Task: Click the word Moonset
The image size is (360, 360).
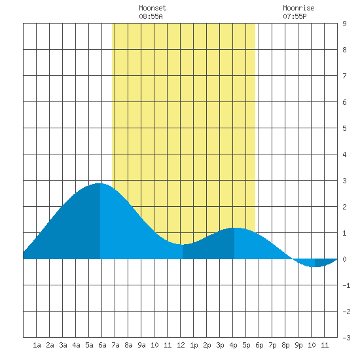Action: (153, 8)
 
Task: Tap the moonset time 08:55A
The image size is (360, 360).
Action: (151, 16)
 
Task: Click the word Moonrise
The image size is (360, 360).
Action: (298, 8)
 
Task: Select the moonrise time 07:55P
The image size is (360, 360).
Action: (295, 16)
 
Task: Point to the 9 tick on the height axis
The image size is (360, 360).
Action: (344, 24)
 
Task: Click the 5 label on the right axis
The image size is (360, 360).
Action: (344, 128)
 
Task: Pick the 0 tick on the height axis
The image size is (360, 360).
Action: (344, 259)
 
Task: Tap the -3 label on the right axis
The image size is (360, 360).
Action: (346, 338)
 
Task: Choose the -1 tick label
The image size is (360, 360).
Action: (346, 285)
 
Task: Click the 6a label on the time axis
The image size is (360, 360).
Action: (102, 345)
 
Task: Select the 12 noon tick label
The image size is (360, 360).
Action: (181, 345)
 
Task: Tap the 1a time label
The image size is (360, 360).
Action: (37, 345)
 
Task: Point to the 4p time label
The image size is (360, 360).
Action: (233, 345)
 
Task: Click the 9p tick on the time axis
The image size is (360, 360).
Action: (298, 345)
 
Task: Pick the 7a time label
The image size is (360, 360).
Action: (115, 345)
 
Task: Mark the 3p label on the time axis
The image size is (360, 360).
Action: (220, 345)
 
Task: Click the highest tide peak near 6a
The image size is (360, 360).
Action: (99, 183)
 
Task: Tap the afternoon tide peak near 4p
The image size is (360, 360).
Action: (235, 228)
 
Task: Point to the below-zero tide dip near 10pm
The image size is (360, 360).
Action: (314, 267)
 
